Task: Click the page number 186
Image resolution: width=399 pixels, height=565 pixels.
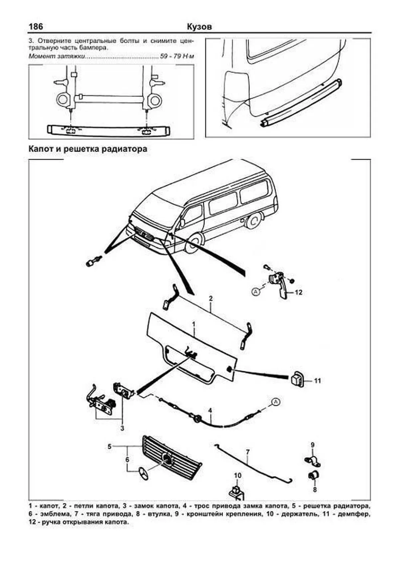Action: (36, 26)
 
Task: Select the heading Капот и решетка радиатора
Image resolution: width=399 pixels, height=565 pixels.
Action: (88, 149)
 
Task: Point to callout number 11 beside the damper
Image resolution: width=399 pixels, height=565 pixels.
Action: (318, 380)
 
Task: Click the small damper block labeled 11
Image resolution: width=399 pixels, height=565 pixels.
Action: (297, 379)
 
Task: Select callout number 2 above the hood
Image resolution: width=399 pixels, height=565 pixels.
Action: (210, 298)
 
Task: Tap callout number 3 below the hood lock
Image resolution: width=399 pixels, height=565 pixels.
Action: (122, 428)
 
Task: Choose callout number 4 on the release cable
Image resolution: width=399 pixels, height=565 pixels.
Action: (210, 411)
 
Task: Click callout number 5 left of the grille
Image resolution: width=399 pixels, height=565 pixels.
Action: (109, 446)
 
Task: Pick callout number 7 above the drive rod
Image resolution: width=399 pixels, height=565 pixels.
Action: (248, 452)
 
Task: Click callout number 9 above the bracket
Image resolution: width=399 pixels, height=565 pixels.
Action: (313, 445)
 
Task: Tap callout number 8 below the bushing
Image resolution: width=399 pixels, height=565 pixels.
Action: (315, 490)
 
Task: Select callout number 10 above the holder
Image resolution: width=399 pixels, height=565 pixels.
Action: (237, 475)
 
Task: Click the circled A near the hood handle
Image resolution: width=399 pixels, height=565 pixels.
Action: (256, 292)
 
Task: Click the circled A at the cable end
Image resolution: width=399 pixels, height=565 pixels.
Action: (275, 402)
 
